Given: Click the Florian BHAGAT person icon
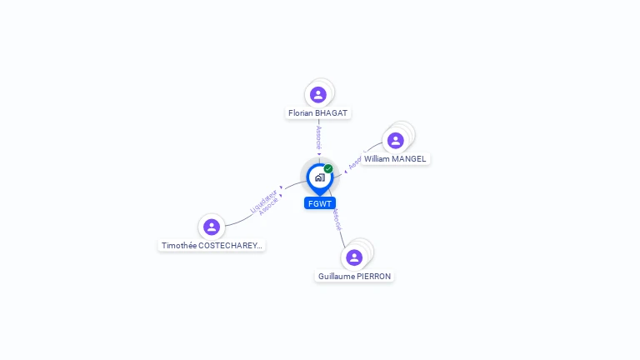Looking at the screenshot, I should point(317,94).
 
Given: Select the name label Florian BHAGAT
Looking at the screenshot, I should point(318,113).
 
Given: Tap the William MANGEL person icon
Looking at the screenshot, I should point(396,140).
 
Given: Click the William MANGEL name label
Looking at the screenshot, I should point(395,158).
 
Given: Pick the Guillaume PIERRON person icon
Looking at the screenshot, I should point(354,257).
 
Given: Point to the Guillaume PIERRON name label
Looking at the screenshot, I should point(354,276).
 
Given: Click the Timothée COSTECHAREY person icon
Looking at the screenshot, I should point(212,227).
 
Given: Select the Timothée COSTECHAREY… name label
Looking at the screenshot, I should point(212,246).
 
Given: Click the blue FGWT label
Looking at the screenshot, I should point(320,203).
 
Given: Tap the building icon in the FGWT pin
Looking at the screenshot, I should point(319,177).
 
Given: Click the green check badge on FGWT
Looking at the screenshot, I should point(328,168).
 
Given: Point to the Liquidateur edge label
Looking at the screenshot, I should point(263,201).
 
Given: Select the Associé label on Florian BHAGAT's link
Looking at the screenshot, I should point(318,137).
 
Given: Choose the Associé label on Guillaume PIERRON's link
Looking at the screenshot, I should point(335,219).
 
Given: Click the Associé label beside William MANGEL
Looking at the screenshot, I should point(354,162).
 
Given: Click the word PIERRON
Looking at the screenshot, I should point(373,276).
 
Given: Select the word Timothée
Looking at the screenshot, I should point(178,246).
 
